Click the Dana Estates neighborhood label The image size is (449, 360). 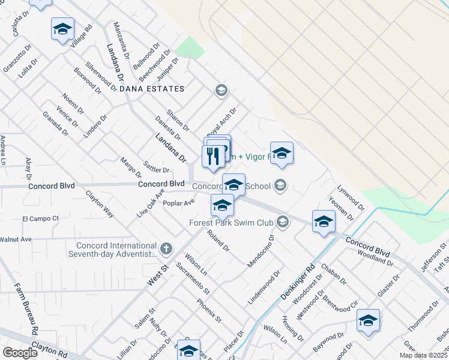click(151, 89)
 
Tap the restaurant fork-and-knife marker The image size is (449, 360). click(212, 157)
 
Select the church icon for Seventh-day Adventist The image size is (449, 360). click(166, 248)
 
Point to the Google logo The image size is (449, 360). click(20, 352)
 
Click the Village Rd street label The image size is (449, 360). click(81, 37)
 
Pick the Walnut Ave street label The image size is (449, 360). click(16, 239)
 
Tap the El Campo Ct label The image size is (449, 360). click(41, 218)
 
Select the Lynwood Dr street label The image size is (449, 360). click(351, 197)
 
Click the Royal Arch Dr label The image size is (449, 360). click(222, 121)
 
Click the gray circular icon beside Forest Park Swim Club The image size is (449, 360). click(282, 223)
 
